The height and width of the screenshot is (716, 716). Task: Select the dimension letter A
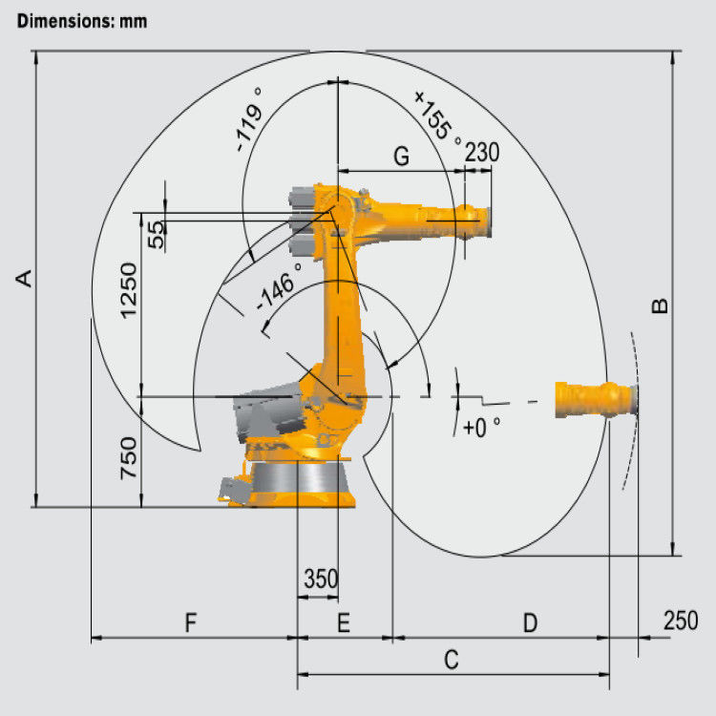tap(26, 279)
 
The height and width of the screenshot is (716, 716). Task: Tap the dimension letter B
tap(660, 305)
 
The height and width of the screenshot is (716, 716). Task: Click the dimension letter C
tap(453, 659)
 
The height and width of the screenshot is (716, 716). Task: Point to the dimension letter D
tap(530, 623)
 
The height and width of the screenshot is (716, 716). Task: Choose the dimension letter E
tap(344, 623)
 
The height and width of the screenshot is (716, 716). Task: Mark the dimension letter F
tap(190, 623)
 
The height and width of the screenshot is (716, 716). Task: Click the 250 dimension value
tap(680, 621)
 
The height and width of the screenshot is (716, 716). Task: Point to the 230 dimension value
tap(482, 153)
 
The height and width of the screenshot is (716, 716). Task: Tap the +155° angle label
tap(438, 116)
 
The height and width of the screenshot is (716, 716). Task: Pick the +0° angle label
tap(481, 428)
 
